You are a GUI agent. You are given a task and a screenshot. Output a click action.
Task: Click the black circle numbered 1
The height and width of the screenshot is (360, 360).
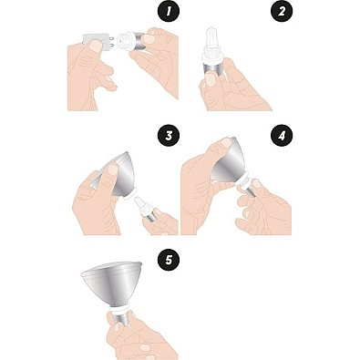pos(169,12)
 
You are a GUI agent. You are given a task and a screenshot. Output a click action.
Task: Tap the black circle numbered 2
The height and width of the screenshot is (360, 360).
pos(282,12)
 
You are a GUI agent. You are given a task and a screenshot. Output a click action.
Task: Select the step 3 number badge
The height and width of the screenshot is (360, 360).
pos(169,135)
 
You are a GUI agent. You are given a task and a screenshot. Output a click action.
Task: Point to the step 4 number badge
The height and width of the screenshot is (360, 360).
pos(282,135)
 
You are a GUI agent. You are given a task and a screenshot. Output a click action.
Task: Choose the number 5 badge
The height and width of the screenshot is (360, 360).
pos(169,260)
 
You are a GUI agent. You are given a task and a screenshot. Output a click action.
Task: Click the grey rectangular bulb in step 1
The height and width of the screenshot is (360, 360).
pos(96,42)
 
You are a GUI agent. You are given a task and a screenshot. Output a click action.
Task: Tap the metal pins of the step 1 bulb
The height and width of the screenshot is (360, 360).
pos(111,42)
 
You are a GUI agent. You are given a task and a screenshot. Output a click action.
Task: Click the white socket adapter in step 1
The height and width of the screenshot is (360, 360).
pos(127,41)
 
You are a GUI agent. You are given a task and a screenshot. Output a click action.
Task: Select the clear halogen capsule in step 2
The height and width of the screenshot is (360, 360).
pos(211,44)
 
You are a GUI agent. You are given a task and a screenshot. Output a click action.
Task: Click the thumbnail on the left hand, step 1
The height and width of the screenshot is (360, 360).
pos(97,46)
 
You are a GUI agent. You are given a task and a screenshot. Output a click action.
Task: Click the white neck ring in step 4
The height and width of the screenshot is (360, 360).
pos(243,183)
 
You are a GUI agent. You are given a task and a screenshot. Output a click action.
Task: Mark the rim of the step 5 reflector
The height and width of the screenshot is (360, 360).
pos(111,268)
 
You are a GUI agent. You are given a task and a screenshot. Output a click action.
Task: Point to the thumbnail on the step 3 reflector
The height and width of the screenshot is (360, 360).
pos(113,169)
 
